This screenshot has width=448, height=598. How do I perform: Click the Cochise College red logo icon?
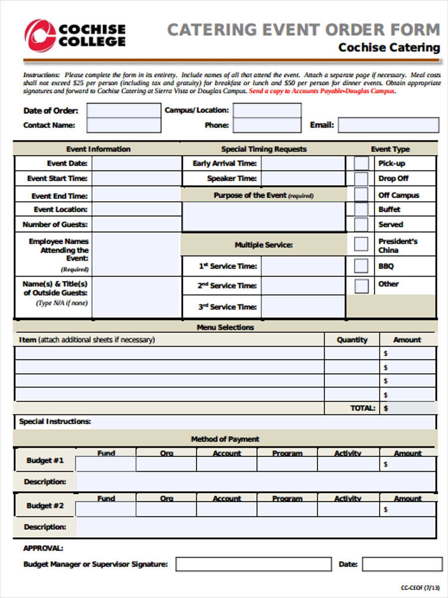[x=40, y=35]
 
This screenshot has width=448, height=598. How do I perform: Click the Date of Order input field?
[x=124, y=110]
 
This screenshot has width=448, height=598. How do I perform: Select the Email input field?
[x=388, y=125]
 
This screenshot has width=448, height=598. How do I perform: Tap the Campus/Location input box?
[x=267, y=110]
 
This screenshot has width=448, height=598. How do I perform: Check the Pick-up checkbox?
[x=361, y=163]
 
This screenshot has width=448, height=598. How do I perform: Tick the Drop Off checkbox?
[x=361, y=178]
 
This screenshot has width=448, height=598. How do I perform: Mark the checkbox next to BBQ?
[x=361, y=266]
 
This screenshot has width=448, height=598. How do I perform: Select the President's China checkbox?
[x=361, y=244]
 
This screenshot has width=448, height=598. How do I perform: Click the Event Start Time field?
[x=136, y=178]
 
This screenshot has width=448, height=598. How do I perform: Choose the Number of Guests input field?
[x=136, y=224]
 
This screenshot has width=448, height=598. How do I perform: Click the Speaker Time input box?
[x=303, y=178]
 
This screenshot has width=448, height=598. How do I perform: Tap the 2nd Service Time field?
[x=303, y=286]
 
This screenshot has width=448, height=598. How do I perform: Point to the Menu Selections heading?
[x=225, y=327]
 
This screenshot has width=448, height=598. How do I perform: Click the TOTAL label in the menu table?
[x=363, y=408]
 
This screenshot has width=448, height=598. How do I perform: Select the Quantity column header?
[x=352, y=340]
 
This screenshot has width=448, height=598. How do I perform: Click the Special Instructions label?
[x=55, y=422]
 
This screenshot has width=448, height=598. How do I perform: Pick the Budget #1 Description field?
[x=256, y=482]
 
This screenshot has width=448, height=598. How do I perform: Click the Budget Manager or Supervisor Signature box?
[x=253, y=564]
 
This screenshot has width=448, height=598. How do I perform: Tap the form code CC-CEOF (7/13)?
[x=420, y=588]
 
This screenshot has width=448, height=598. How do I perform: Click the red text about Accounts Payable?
[x=322, y=92]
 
